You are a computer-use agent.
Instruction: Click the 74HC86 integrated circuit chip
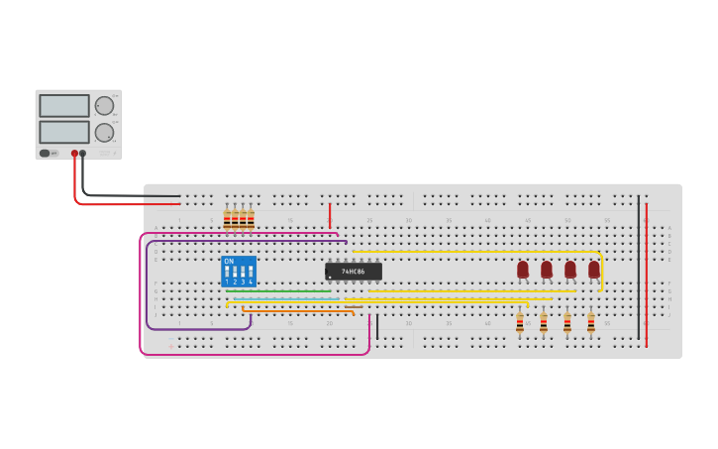pos(353,271)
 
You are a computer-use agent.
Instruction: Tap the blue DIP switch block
pos(239,272)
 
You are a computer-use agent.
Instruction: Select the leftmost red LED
pos(523,269)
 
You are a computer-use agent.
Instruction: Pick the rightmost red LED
pos(594,269)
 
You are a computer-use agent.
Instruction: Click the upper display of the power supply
pos(64,105)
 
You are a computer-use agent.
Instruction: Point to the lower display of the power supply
pos(64,132)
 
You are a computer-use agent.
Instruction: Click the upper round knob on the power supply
pos(104,106)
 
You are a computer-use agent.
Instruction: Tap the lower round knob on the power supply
pos(104,133)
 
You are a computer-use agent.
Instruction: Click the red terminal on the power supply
pos(74,154)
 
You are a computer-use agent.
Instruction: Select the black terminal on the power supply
pos(83,154)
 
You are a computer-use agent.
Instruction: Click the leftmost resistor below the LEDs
pos(520,323)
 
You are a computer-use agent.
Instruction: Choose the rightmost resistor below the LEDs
pos(591,323)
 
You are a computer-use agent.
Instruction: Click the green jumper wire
pos(287,291)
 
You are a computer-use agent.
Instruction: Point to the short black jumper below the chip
pos(376,326)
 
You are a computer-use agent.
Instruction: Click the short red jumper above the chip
pos(330,216)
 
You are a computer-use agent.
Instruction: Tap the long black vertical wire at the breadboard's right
pos(639,268)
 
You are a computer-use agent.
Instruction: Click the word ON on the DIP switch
pos(229,262)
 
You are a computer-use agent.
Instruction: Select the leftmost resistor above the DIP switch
pos(227,220)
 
